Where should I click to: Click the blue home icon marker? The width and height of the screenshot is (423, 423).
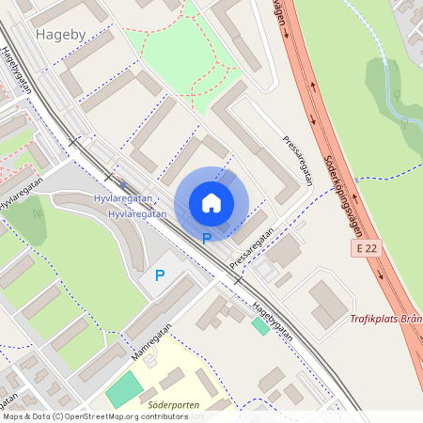(211, 203)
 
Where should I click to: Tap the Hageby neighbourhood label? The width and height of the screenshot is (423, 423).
(60, 34)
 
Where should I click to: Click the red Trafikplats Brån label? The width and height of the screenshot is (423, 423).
(385, 319)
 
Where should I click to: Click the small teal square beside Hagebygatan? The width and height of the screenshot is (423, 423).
(260, 326)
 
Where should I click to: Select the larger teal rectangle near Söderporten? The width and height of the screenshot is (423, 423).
(122, 388)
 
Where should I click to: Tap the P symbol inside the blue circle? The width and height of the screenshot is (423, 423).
(206, 239)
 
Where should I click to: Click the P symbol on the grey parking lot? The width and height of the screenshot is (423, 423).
(160, 275)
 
